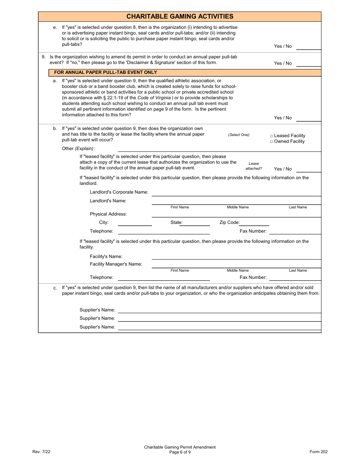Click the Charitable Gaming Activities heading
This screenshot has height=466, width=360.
click(180, 16)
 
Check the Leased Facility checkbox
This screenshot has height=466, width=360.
click(271, 136)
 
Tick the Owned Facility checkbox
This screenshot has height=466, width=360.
click(271, 142)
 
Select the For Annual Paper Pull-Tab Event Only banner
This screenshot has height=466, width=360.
click(105, 72)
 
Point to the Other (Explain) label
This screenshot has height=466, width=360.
click(78, 149)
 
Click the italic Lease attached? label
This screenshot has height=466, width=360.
click(254, 166)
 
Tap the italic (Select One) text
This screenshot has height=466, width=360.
click(239, 135)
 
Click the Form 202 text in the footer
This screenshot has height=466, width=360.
click(318, 452)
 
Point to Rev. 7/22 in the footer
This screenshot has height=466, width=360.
click(41, 452)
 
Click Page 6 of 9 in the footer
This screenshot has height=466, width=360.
click(180, 452)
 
